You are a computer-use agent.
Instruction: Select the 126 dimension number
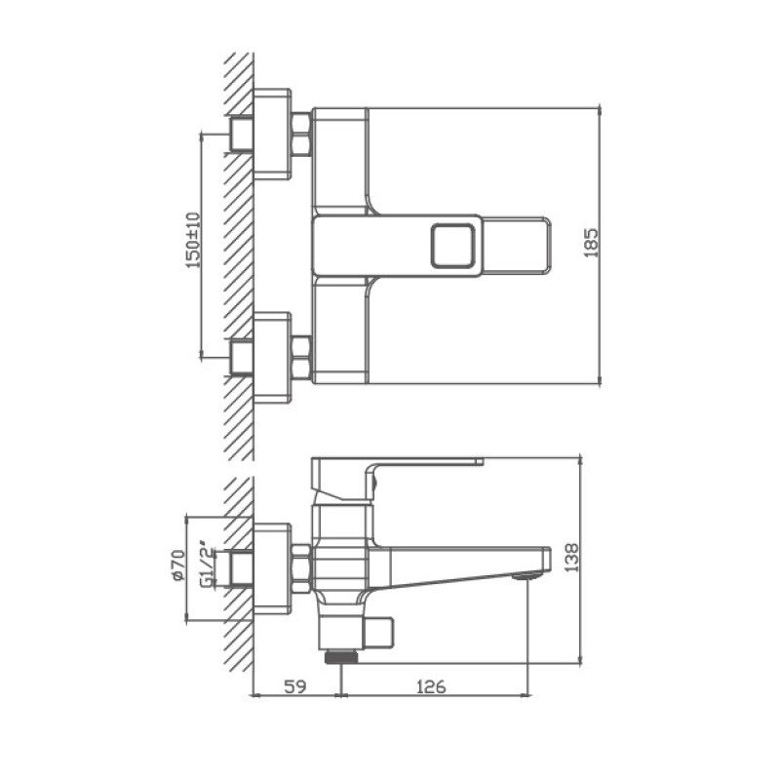pyautogui.click(x=432, y=686)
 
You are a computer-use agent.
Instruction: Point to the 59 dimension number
pyautogui.click(x=296, y=686)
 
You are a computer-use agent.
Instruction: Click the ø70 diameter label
pyautogui.click(x=177, y=565)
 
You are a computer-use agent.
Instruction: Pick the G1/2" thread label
pyautogui.click(x=206, y=565)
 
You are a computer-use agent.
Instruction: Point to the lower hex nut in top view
pyautogui.click(x=301, y=357)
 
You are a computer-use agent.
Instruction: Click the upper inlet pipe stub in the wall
pyautogui.click(x=240, y=133)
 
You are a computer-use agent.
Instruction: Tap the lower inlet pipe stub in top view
pyautogui.click(x=240, y=357)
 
